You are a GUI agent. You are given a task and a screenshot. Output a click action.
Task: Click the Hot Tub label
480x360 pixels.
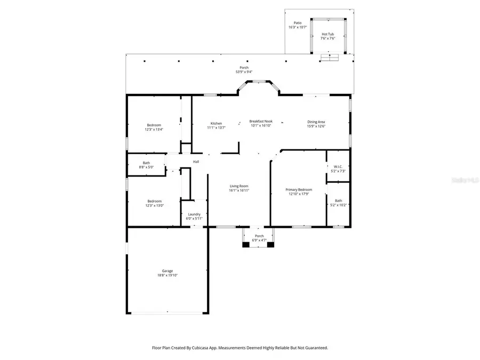pos(328,34)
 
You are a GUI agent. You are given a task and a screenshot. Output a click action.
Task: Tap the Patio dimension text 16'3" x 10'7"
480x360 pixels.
pos(298,27)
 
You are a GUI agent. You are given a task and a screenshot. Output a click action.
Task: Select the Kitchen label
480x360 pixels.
pos(216,123)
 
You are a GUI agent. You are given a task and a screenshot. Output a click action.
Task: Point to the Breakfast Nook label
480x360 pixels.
pos(261,122)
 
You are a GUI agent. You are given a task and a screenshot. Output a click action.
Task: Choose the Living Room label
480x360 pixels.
pos(239,186)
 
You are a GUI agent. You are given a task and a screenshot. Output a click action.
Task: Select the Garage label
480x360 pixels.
pos(167,271)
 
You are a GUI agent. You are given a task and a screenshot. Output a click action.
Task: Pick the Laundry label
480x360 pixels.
pos(194,214)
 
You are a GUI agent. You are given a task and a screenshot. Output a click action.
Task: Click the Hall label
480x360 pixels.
pos(196,162)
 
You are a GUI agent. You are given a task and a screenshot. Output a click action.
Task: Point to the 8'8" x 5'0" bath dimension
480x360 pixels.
pos(146,167)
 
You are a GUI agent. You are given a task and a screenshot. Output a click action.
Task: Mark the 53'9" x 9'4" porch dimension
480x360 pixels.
pos(244,72)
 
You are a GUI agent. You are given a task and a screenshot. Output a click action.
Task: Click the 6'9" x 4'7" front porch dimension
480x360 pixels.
pos(259,241)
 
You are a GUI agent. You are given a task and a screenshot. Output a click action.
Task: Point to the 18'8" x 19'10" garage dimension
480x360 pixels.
pos(167,276)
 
